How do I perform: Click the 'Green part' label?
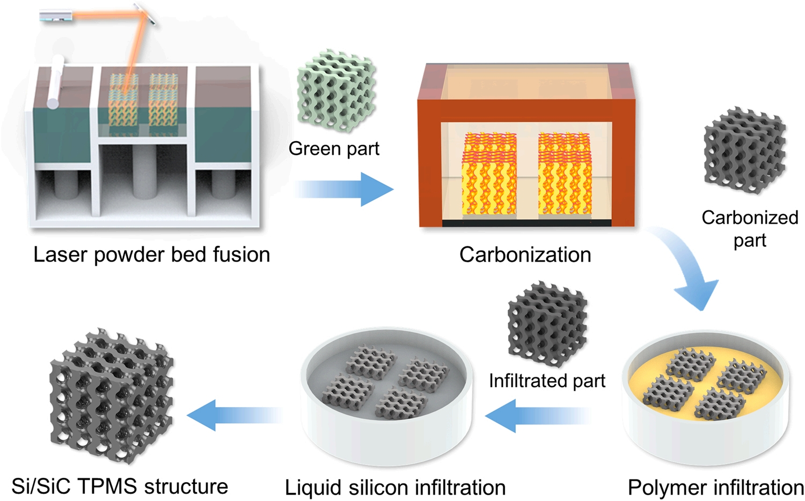334,149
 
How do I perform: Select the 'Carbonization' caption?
525,255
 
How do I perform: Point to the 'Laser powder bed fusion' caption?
152,255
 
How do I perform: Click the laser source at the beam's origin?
56,16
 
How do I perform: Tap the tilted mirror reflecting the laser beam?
145,13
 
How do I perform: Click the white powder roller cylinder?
55,82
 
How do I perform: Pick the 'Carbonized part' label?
750,229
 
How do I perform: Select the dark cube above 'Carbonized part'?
745,150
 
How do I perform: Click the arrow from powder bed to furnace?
344,189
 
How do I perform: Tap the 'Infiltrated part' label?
547,381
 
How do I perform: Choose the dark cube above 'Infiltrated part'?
547,324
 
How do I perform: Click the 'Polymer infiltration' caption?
716,488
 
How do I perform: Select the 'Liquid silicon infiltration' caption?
396,488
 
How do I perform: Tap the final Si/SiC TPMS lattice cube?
112,396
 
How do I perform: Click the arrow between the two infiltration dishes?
537,416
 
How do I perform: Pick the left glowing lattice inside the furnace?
489,175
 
